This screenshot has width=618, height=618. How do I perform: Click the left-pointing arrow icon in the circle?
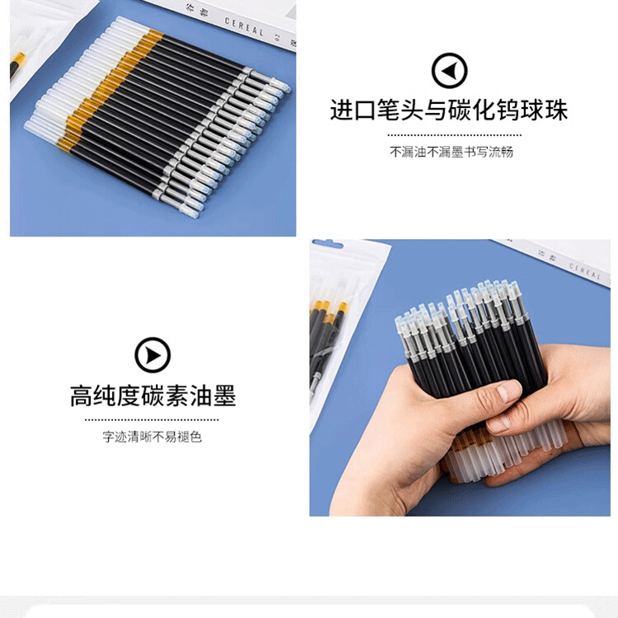point(449,71)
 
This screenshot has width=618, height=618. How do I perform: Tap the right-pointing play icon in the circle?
point(152,356)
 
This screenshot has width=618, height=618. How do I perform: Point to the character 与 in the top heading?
point(437,110)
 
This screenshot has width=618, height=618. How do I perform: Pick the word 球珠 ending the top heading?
point(545,110)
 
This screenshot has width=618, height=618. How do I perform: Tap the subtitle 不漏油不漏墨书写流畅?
point(452,152)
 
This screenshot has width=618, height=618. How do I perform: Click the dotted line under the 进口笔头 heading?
point(454,134)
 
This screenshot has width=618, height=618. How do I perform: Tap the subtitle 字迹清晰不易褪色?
point(152,437)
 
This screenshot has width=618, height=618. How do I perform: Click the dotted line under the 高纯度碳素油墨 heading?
point(152,419)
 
